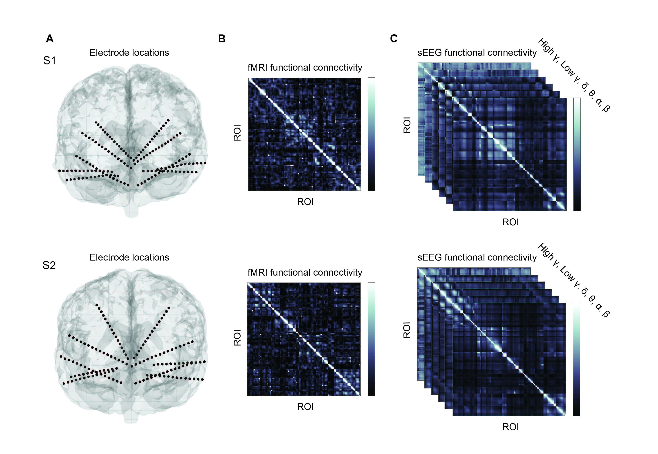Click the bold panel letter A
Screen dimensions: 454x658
50,39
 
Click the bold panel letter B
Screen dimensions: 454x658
222,39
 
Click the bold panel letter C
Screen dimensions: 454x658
394,39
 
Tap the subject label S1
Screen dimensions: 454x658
49,61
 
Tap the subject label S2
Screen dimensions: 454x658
49,265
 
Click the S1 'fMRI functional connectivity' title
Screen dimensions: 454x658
305,68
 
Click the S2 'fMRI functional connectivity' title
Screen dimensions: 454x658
305,273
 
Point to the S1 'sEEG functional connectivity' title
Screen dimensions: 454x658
477,53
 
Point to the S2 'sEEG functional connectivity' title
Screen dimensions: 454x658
477,258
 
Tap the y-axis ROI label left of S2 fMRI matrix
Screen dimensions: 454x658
237,338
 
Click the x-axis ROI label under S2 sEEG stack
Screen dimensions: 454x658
510,427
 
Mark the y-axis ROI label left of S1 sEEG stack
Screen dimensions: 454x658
407,125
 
